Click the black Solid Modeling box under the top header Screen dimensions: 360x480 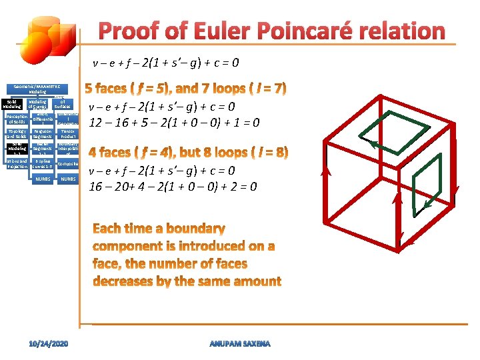(x=12, y=103)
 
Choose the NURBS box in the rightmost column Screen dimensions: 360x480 (x=67, y=179)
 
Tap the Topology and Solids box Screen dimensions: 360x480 (x=16, y=134)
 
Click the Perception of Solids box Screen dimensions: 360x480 (x=16, y=119)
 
